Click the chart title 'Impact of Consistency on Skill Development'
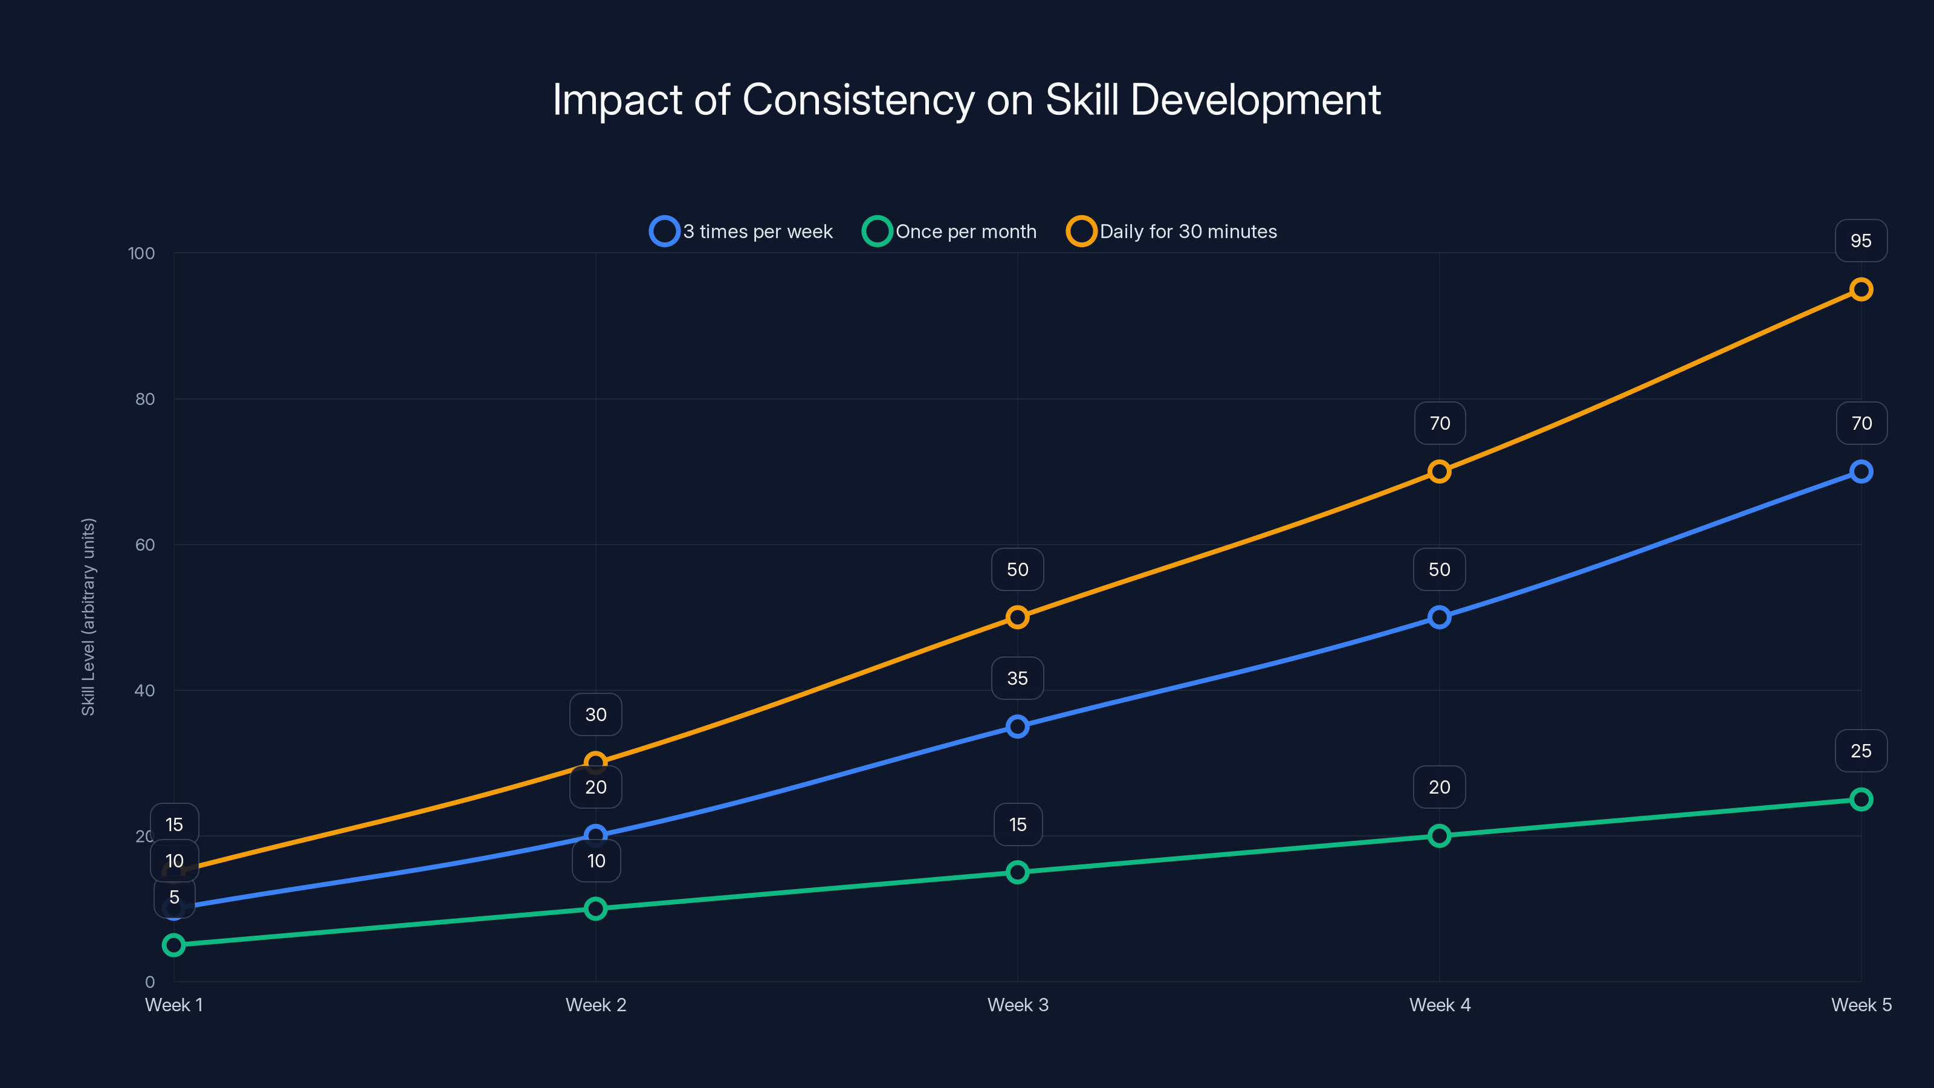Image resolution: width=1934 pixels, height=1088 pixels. (x=966, y=100)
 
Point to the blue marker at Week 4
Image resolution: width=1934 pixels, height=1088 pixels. (x=1438, y=617)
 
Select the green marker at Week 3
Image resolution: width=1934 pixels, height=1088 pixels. (x=1017, y=872)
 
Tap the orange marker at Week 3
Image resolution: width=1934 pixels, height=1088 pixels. (x=1017, y=617)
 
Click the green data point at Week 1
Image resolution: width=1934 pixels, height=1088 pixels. (x=173, y=945)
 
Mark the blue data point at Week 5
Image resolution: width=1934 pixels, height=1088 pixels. (x=1860, y=471)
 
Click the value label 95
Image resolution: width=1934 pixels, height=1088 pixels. (x=1860, y=241)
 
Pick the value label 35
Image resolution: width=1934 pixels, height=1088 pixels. (x=1017, y=679)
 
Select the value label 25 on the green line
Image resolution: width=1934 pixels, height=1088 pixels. (x=1860, y=751)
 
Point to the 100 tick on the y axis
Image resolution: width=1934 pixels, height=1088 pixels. (x=141, y=253)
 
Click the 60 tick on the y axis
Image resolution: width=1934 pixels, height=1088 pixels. (x=145, y=545)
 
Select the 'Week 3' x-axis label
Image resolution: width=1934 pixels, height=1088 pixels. (x=1017, y=1005)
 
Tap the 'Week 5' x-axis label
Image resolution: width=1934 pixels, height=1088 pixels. (x=1860, y=1005)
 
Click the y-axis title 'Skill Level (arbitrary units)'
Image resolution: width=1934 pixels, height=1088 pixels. (x=89, y=617)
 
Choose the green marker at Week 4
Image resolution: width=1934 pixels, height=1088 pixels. (x=1438, y=836)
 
